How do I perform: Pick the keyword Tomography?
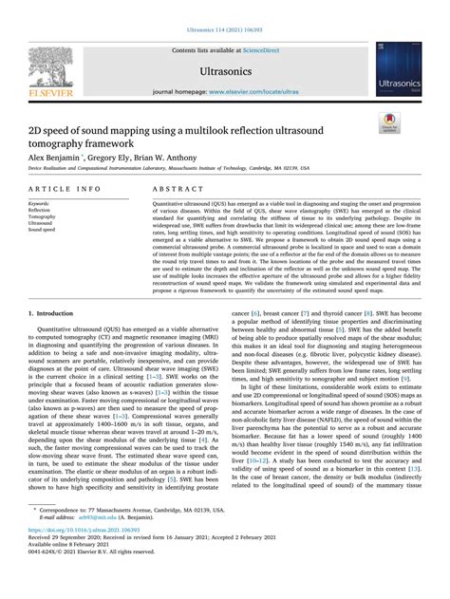[44, 216]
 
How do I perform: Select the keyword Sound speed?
[44, 230]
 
